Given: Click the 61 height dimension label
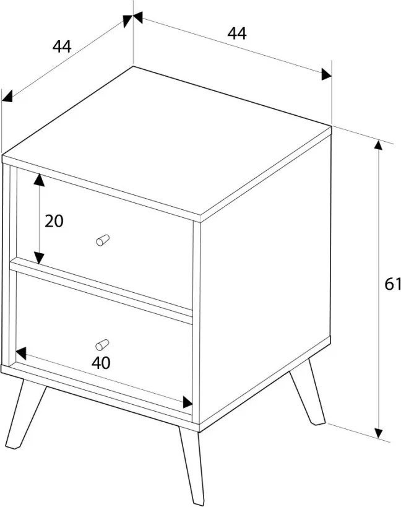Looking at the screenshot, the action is click(x=392, y=284).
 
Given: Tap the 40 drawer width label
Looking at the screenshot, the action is click(x=101, y=363).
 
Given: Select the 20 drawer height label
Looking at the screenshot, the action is click(x=54, y=221).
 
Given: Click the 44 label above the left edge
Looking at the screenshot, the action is click(x=62, y=46).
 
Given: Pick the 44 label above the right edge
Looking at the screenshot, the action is click(x=237, y=33).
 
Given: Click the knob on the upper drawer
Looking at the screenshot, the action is click(x=103, y=240).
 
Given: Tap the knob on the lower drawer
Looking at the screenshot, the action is click(x=102, y=345).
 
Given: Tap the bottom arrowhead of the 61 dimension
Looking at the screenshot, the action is click(x=378, y=433).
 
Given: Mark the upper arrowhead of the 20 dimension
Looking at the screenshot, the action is click(x=39, y=180).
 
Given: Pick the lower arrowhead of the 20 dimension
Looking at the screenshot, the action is click(x=39, y=258).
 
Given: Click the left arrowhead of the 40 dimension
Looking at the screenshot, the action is click(x=20, y=353).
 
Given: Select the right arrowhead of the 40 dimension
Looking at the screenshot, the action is click(x=188, y=402).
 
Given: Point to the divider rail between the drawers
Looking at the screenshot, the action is click(x=101, y=290).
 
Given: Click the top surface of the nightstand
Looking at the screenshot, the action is click(x=166, y=140).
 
